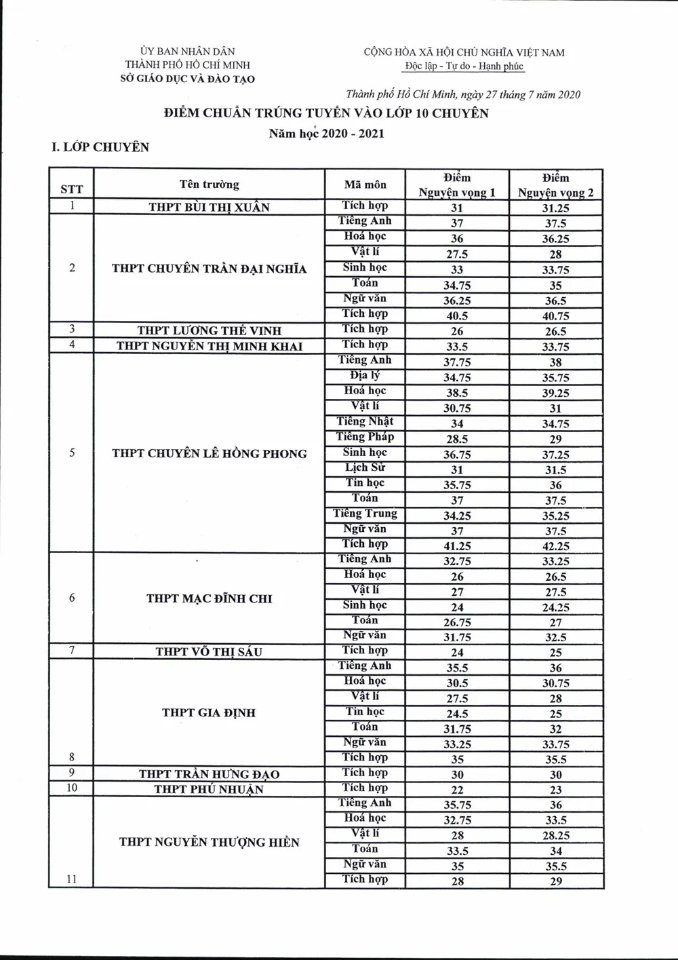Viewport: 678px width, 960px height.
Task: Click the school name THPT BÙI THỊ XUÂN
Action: tap(209, 208)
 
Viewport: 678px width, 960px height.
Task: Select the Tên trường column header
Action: tap(209, 185)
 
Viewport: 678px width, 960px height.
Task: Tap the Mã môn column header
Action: tap(365, 185)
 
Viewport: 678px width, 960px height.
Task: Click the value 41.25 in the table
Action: tap(457, 546)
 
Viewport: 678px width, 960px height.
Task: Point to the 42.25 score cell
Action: tap(555, 546)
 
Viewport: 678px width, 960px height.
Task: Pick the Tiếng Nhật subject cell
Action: tap(365, 421)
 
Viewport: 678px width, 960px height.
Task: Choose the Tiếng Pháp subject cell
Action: tap(365, 437)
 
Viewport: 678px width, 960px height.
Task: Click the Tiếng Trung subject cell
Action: tap(365, 514)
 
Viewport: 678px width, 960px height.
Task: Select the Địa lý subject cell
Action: tap(365, 375)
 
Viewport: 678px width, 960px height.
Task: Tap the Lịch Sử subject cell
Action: tap(365, 467)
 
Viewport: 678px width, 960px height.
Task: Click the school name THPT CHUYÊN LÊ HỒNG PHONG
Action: tap(209, 454)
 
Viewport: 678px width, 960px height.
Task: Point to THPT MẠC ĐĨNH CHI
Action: tap(209, 598)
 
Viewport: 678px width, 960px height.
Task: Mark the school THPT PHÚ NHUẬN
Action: tap(209, 789)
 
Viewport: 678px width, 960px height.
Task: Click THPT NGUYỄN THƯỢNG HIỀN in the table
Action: tap(209, 843)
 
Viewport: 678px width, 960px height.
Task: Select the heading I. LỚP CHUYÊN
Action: tap(100, 147)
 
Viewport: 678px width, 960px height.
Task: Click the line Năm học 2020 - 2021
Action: tap(326, 134)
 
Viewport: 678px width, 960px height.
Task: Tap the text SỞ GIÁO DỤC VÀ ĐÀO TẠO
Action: tap(187, 79)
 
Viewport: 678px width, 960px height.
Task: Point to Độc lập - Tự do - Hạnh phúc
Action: tap(464, 66)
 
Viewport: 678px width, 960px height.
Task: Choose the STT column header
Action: tap(71, 189)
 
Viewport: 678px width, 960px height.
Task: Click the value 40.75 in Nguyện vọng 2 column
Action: tap(555, 316)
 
